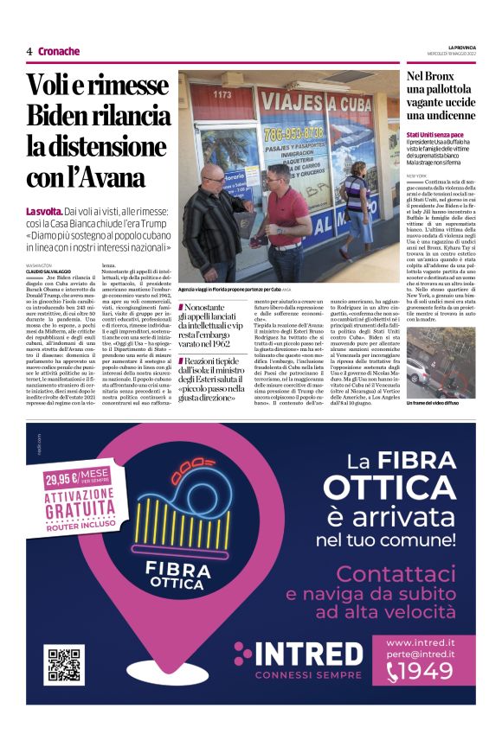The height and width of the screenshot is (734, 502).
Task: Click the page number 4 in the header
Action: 29,52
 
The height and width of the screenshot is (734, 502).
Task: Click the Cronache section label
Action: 58,52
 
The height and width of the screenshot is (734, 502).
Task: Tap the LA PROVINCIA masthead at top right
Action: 461,46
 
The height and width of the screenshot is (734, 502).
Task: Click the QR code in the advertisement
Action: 65,665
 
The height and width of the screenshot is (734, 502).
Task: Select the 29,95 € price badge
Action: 77,477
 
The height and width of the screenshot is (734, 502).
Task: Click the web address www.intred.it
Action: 420,643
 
